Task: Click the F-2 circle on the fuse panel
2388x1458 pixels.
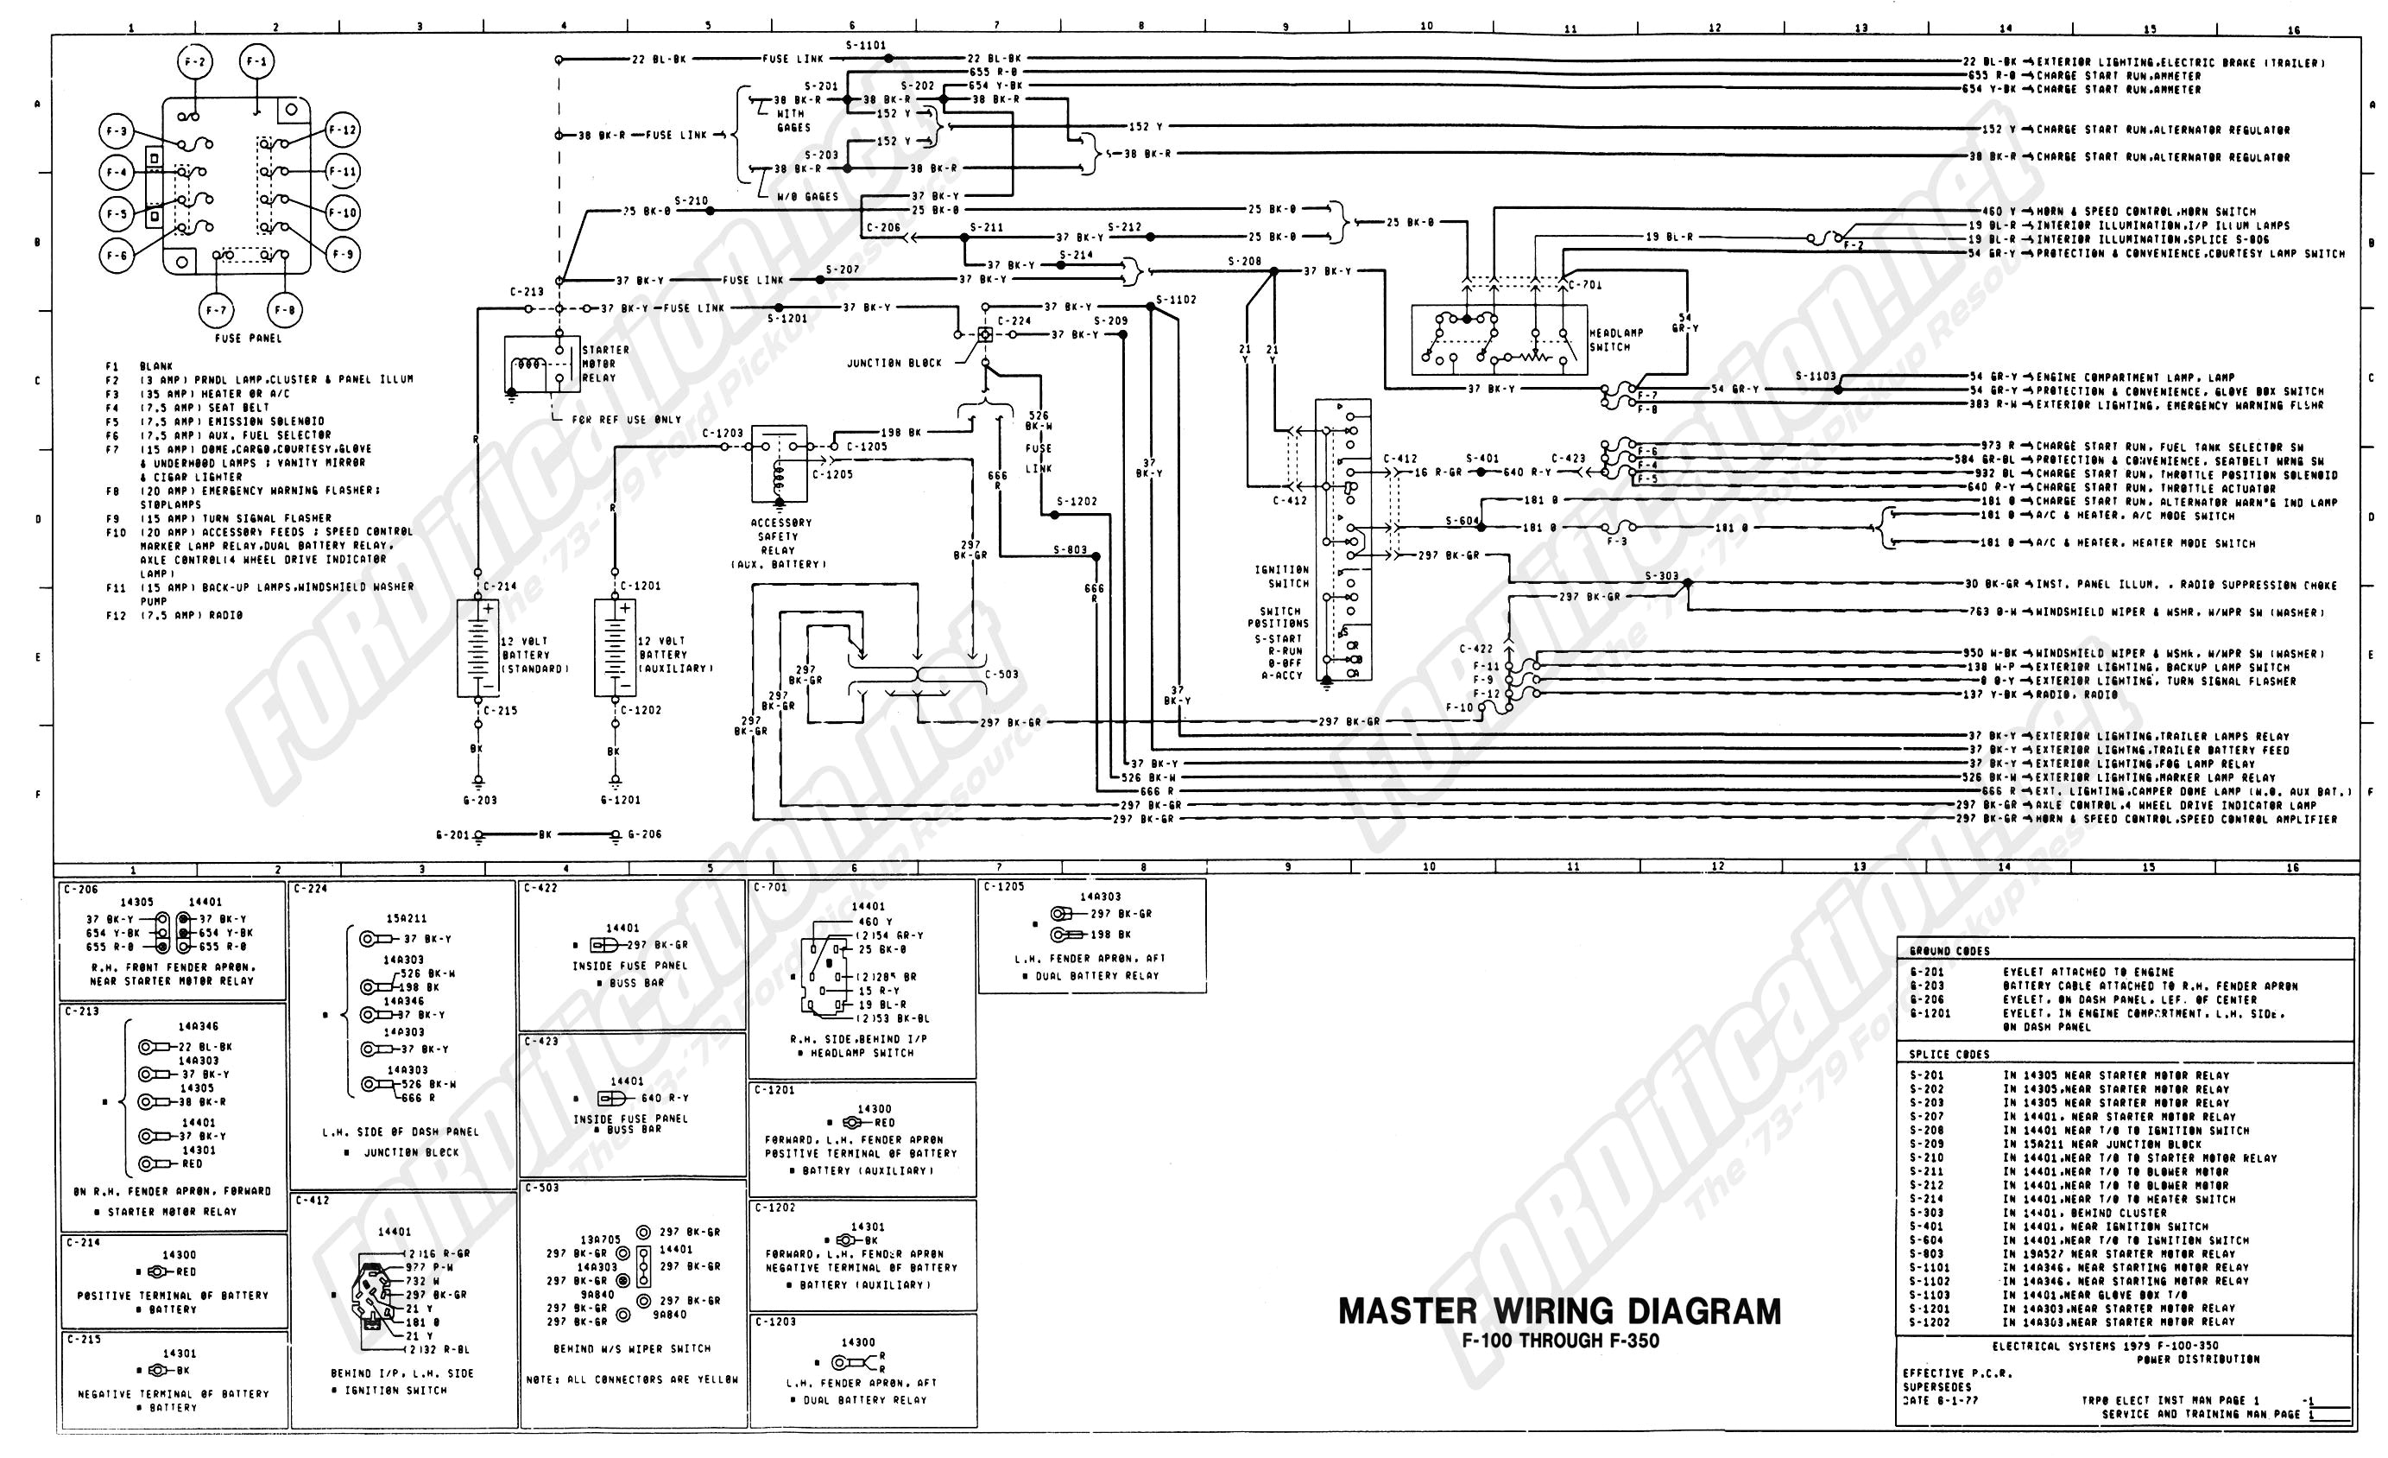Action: (x=195, y=63)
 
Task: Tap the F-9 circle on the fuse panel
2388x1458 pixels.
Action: (x=343, y=255)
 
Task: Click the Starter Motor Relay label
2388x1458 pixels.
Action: (x=604, y=364)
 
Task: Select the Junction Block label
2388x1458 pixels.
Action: (x=894, y=363)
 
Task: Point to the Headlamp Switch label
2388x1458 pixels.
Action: (x=1615, y=339)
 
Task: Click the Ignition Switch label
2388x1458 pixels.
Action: (x=1281, y=577)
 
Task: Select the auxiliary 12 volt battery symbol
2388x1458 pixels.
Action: (x=616, y=648)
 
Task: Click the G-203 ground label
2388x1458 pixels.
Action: (x=480, y=800)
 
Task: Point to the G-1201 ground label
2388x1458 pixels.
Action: (x=619, y=800)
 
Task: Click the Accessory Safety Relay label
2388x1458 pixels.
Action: (x=781, y=543)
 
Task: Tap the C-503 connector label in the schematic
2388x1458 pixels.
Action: (x=1002, y=674)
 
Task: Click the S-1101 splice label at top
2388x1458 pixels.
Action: (x=864, y=45)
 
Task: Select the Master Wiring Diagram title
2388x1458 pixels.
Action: (x=1559, y=1312)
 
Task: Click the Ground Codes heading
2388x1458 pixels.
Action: (x=1949, y=951)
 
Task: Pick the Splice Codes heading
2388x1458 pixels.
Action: (x=1948, y=1054)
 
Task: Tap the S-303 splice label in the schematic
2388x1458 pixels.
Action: (x=1661, y=576)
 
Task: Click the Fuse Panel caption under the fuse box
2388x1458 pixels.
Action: (x=248, y=339)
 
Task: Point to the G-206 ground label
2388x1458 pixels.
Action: (x=645, y=834)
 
